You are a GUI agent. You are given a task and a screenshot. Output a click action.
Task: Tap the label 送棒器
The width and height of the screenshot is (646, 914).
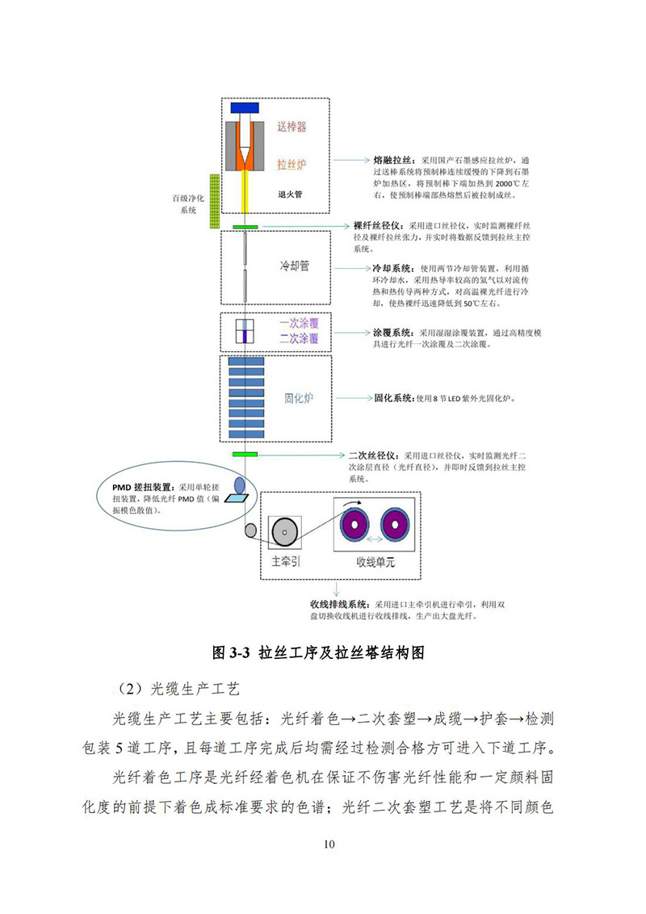pos(292,127)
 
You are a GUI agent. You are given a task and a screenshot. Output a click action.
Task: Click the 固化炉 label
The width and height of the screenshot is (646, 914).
pos(297,398)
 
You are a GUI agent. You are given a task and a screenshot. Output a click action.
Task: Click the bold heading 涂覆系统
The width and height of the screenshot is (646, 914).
pos(391,332)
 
